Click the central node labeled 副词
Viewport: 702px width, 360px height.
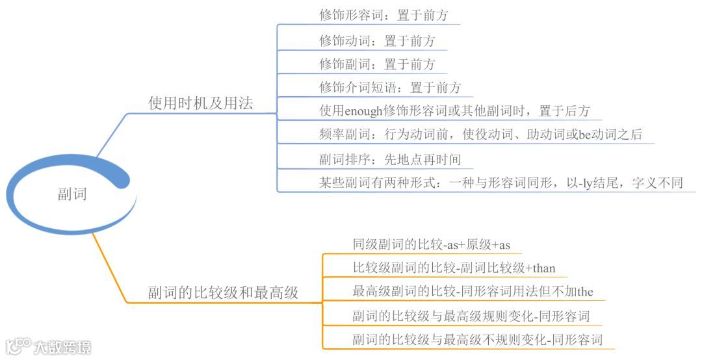pyautogui.click(x=71, y=194)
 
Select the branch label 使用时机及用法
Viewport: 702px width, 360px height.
pyautogui.click(x=200, y=103)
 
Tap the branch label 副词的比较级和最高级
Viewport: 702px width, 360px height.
pyautogui.click(x=222, y=292)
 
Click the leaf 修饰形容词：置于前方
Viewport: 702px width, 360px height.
pyautogui.click(x=383, y=15)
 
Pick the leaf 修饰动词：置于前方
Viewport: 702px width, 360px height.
pyautogui.click(x=377, y=41)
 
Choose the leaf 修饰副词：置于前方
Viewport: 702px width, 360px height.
pyautogui.click(x=377, y=64)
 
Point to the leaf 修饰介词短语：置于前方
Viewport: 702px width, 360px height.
pyautogui.click(x=390, y=88)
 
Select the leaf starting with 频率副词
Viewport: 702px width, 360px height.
pyautogui.click(x=480, y=135)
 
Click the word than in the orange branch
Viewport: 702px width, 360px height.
pyautogui.click(x=544, y=268)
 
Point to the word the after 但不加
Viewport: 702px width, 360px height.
pyautogui.click(x=585, y=292)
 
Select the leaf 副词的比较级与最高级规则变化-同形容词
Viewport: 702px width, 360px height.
pyautogui.click(x=471, y=316)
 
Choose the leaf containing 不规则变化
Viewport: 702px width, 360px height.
pyautogui.click(x=477, y=340)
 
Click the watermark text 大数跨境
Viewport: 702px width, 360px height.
pyautogui.click(x=63, y=347)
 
